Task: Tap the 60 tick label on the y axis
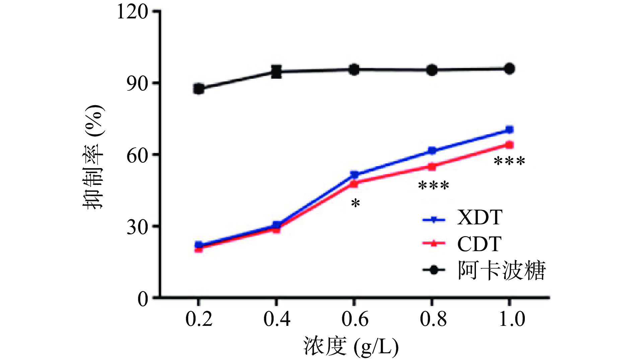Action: tap(137, 155)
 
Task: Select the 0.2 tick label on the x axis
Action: tap(199, 318)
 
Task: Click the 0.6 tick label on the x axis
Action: tap(355, 318)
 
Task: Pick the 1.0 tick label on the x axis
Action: tap(511, 318)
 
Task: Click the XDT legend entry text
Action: tap(480, 217)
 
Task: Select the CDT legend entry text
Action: tap(479, 243)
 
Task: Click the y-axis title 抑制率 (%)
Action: tap(94, 157)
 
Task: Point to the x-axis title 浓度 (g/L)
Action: tap(351, 347)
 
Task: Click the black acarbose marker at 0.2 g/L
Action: tap(199, 89)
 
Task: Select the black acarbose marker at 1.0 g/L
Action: tap(509, 69)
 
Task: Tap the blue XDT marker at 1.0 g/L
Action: tap(509, 130)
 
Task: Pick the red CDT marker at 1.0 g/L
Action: tap(509, 145)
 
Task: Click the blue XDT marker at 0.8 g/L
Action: tap(432, 151)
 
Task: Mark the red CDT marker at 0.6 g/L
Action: tap(354, 184)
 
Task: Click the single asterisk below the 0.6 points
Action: tap(355, 203)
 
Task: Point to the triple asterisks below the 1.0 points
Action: tap(509, 161)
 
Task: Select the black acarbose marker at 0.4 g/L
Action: tap(276, 71)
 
